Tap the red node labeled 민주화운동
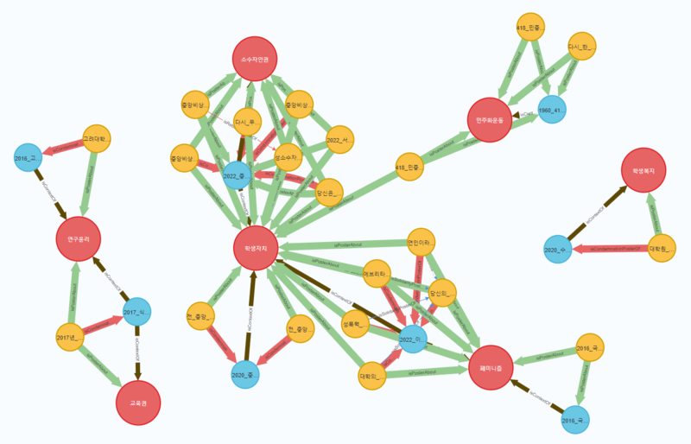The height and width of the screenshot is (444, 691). (x=489, y=119)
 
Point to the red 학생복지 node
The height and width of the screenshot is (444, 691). (x=643, y=172)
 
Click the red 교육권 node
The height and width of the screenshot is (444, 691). (x=138, y=403)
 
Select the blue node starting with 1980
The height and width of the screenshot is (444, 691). (x=551, y=110)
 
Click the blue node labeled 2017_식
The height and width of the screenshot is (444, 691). (x=136, y=312)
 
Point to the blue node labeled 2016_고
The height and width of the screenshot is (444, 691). (x=28, y=157)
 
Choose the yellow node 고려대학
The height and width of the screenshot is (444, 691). (x=97, y=139)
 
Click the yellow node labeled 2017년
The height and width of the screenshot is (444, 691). (x=68, y=337)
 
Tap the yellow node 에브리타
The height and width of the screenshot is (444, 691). (x=377, y=272)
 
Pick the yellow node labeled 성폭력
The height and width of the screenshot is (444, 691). (x=357, y=325)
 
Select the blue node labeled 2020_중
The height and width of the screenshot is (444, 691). (x=245, y=374)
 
